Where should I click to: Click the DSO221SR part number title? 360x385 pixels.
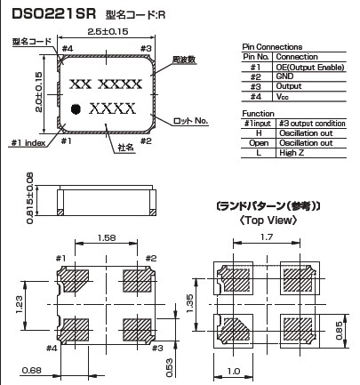click(53, 13)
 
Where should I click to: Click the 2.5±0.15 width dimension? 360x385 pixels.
click(108, 31)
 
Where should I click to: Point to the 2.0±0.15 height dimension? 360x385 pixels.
click(38, 92)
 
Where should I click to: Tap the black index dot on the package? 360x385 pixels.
click(76, 109)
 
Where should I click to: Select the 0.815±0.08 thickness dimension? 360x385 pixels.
click(30, 198)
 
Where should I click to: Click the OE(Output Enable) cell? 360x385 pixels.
click(310, 68)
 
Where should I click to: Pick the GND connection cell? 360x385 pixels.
click(284, 76)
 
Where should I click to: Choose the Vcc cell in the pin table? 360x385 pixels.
click(282, 96)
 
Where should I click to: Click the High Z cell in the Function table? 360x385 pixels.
click(292, 153)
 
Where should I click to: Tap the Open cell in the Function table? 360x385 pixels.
click(259, 143)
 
